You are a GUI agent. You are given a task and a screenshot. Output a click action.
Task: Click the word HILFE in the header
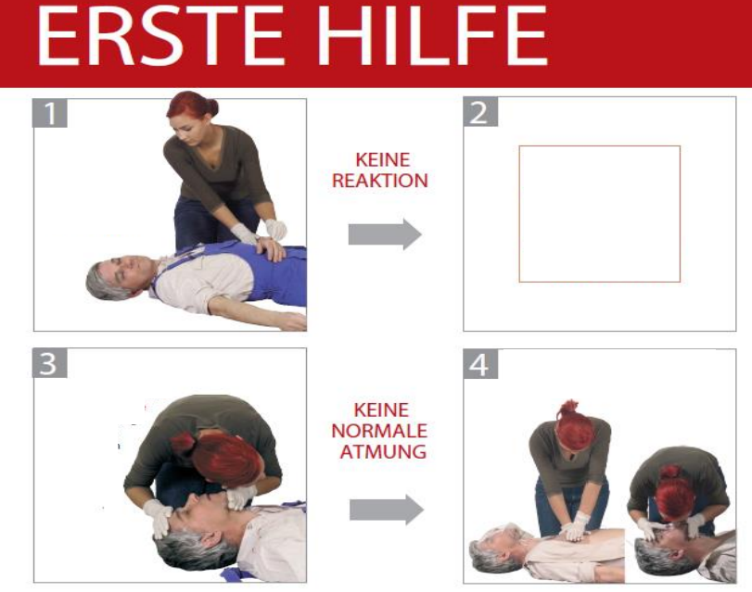[x=432, y=35]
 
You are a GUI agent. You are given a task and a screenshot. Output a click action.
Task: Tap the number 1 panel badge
[x=49, y=113]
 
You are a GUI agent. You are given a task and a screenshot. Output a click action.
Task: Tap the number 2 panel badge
[x=480, y=112]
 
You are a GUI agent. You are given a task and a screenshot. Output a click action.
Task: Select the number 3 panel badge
[x=49, y=363]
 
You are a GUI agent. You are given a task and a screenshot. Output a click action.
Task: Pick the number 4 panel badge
[x=480, y=364]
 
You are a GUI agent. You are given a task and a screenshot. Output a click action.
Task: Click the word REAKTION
[x=380, y=181]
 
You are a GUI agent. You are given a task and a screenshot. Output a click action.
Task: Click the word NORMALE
[x=379, y=431]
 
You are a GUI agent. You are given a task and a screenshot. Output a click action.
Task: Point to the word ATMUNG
[x=383, y=451]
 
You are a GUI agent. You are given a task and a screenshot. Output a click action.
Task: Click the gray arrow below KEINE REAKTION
[x=385, y=234]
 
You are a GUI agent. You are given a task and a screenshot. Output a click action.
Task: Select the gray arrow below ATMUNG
[x=386, y=510]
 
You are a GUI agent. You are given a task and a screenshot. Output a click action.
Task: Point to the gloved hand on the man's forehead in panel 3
[x=159, y=517]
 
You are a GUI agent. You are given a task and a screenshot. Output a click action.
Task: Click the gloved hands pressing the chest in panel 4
[x=576, y=526]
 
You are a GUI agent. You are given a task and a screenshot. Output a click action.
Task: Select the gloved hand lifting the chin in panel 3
[x=240, y=497]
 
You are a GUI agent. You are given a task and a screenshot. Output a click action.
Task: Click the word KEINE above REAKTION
[x=382, y=159]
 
